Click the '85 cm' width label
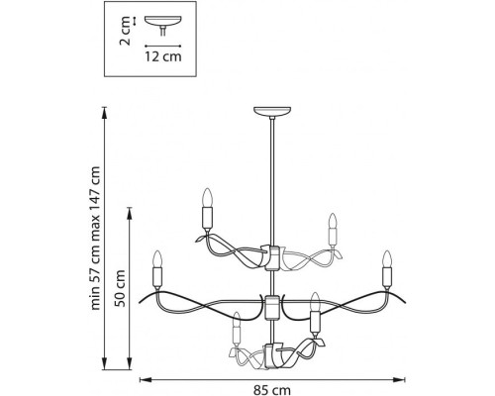[272, 390]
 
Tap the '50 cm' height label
[120, 288]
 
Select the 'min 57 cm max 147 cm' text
[95, 239]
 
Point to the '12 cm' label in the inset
[163, 56]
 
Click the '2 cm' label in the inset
[125, 33]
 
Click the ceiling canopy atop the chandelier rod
[272, 112]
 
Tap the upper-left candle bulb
[207, 198]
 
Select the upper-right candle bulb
[333, 221]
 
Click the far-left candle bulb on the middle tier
[157, 259]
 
